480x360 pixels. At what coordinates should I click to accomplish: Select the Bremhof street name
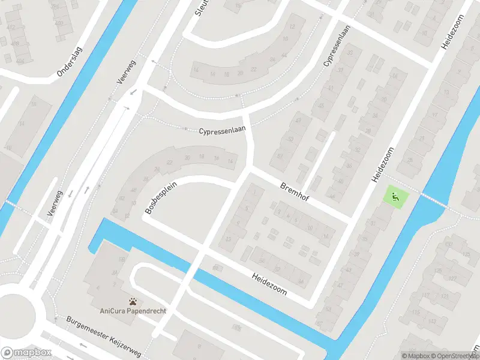click(x=295, y=193)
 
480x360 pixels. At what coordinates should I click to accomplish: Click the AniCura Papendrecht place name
click(x=133, y=311)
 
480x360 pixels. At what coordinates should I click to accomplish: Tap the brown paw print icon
click(x=133, y=301)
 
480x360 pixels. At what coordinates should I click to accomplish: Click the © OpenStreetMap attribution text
click(x=454, y=356)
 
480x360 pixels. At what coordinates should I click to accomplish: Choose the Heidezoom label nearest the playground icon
click(x=382, y=164)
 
